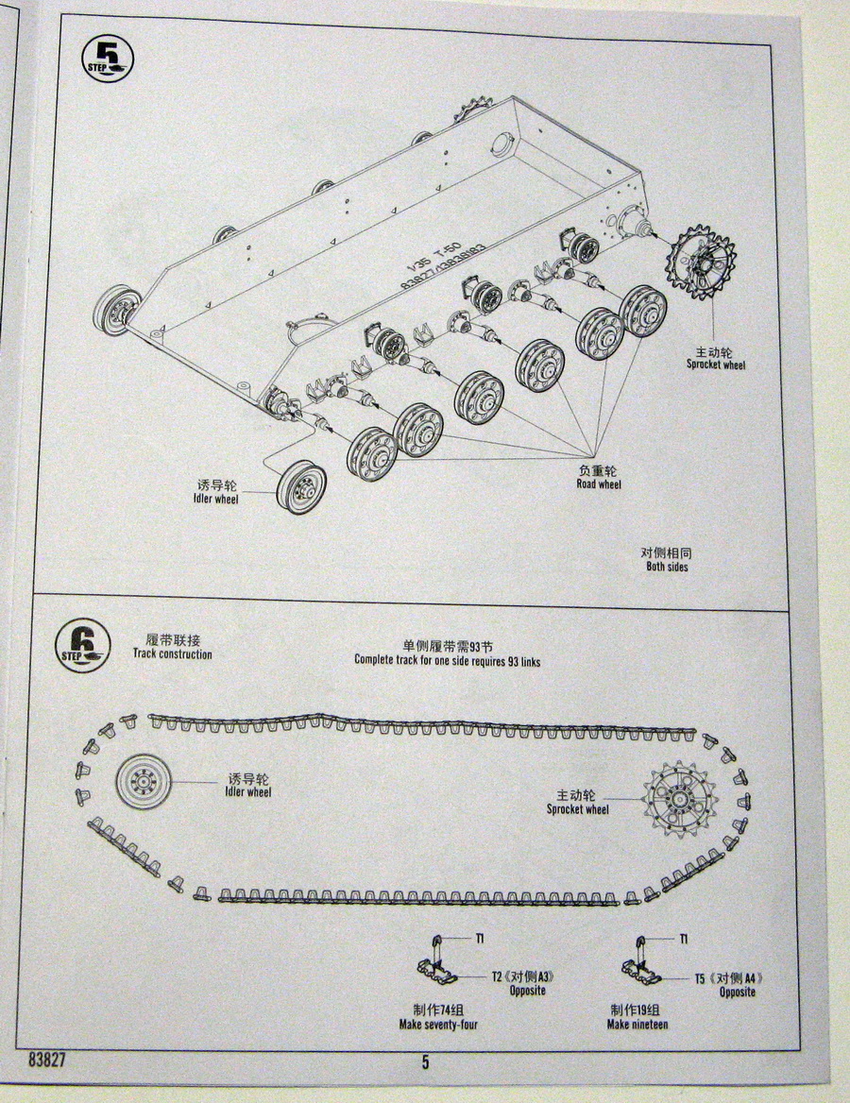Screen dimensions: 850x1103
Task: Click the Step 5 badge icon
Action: pos(107,59)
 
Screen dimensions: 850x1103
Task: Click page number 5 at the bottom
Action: pos(426,1061)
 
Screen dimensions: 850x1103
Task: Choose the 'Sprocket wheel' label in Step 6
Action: pos(577,802)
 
